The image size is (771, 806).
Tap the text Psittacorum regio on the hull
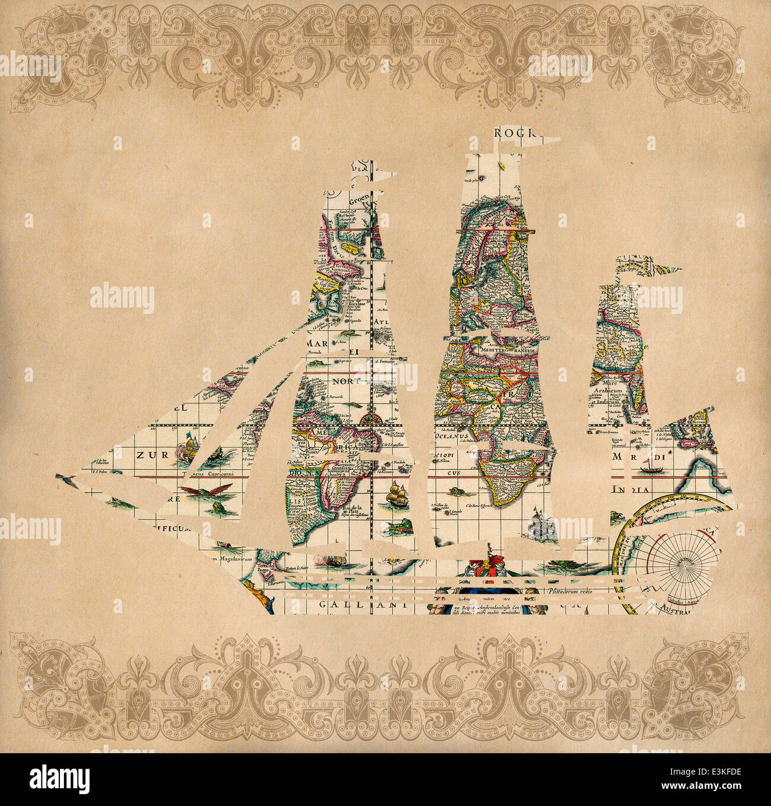pyautogui.click(x=570, y=592)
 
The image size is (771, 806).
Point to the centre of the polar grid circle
pyautogui.click(x=684, y=564)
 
